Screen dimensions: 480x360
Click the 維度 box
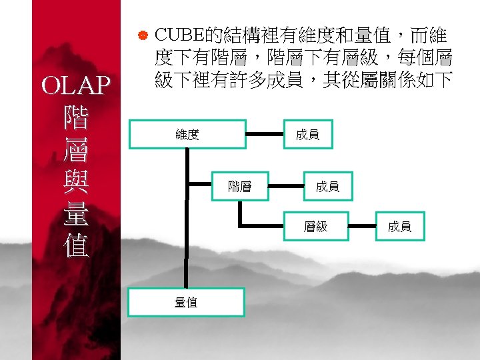point(187,135)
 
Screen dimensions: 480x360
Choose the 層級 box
point(316,227)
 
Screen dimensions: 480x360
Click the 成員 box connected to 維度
point(307,135)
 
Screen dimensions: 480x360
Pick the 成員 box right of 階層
point(327,187)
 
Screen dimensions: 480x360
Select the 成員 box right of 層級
point(400,227)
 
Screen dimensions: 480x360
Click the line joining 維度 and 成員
point(263,135)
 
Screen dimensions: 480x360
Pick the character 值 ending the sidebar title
point(74,247)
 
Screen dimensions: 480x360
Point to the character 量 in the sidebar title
point(74,213)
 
